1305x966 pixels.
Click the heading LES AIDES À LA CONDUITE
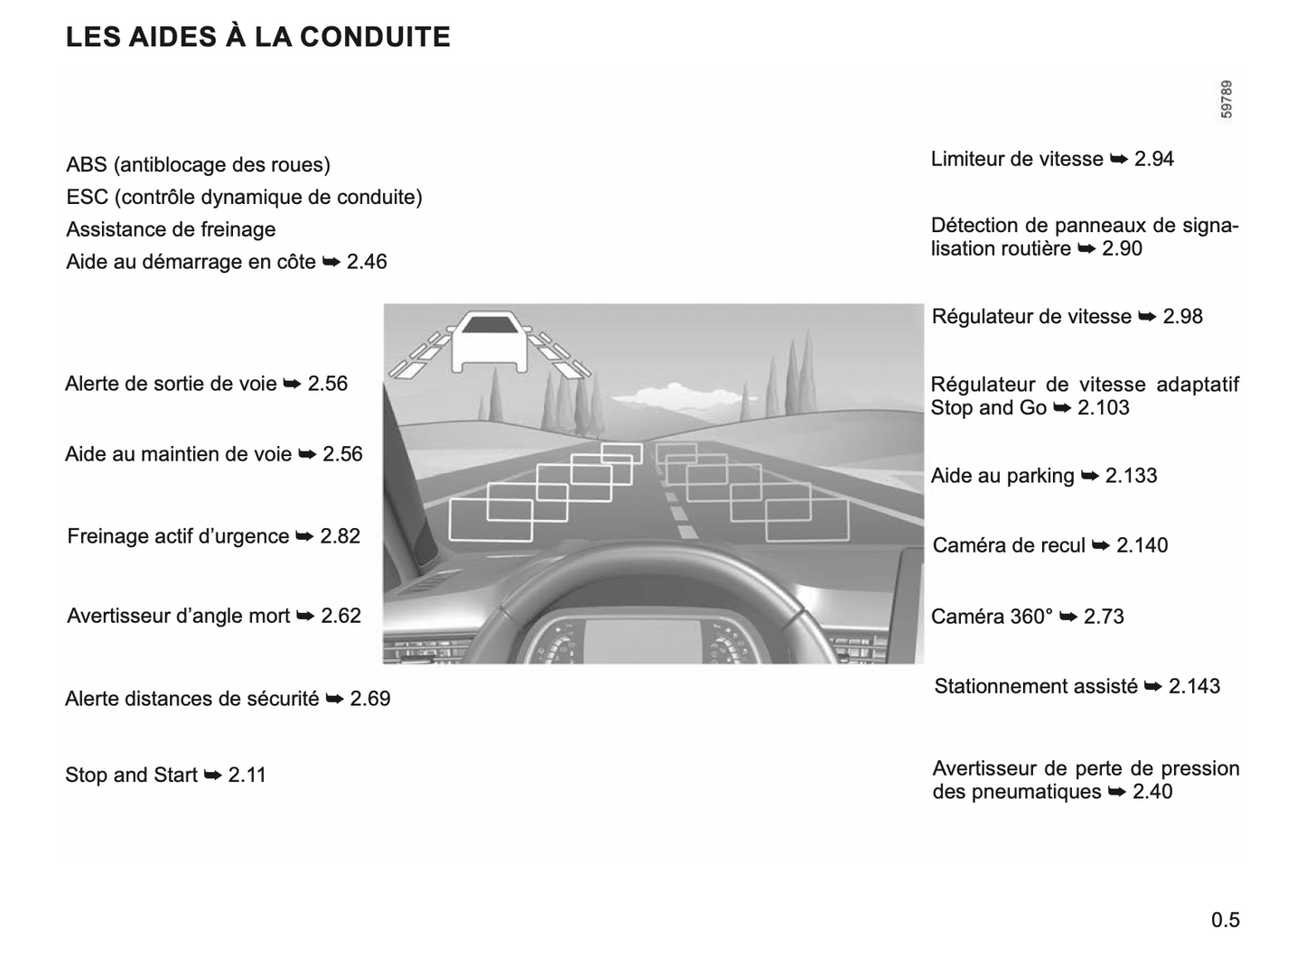(x=258, y=37)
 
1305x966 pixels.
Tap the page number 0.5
(x=1226, y=920)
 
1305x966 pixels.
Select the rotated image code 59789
(x=1226, y=99)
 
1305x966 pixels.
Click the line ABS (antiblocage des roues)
(x=198, y=164)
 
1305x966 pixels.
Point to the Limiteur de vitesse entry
(x=1017, y=159)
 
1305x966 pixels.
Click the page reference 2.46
(x=367, y=262)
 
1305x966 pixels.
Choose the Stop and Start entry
(x=131, y=775)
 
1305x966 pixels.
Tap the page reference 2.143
(x=1194, y=686)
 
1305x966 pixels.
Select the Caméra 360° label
(x=992, y=617)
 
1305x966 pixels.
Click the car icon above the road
(x=489, y=341)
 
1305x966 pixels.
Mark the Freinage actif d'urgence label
(x=178, y=536)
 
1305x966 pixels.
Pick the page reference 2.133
(x=1131, y=476)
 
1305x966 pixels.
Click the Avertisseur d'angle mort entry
(x=179, y=616)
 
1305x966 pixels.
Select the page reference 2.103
(x=1104, y=408)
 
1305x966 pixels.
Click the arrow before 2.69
(x=334, y=699)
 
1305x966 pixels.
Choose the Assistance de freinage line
(x=171, y=229)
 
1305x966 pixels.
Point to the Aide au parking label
(x=1002, y=476)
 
